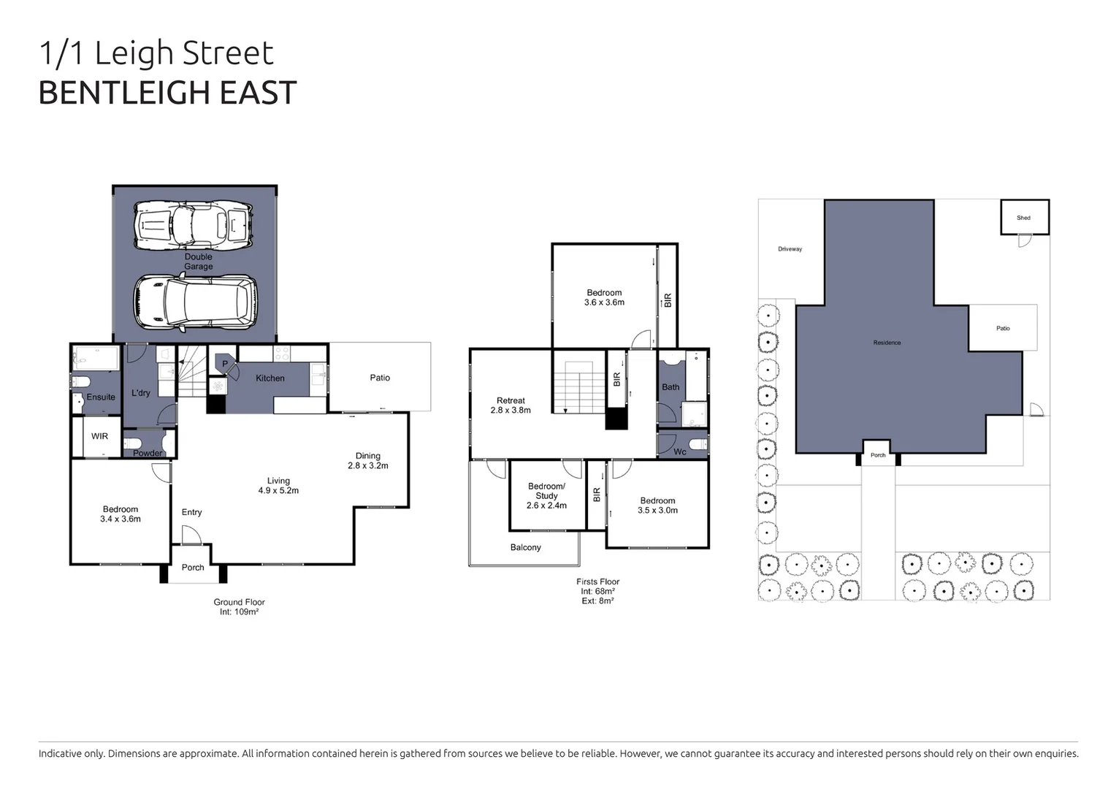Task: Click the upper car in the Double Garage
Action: pyautogui.click(x=194, y=224)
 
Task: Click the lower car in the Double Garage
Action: pyautogui.click(x=195, y=301)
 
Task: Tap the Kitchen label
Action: pyautogui.click(x=270, y=378)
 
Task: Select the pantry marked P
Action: pyautogui.click(x=225, y=364)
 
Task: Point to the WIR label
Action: pyautogui.click(x=99, y=436)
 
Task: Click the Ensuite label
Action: pyautogui.click(x=101, y=397)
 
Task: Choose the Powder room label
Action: pyautogui.click(x=148, y=453)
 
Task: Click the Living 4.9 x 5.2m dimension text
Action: pyautogui.click(x=278, y=490)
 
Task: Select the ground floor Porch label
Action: pyautogui.click(x=193, y=568)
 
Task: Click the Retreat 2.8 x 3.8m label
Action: pyautogui.click(x=511, y=405)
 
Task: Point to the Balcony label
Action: pyautogui.click(x=526, y=547)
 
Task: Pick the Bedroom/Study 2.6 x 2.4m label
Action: pyautogui.click(x=546, y=496)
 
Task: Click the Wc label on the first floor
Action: pyautogui.click(x=680, y=451)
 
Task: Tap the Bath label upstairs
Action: pyautogui.click(x=670, y=387)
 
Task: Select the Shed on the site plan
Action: pyautogui.click(x=1024, y=218)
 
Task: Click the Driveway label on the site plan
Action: pyautogui.click(x=790, y=249)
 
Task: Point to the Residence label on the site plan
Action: pyautogui.click(x=887, y=343)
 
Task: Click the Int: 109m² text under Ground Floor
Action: pyautogui.click(x=239, y=612)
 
